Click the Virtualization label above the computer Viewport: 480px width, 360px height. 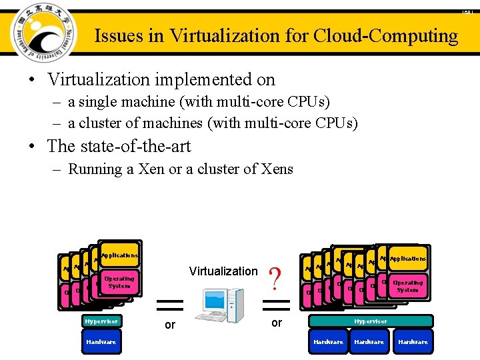[x=223, y=271]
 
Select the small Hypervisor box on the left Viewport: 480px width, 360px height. [x=101, y=321]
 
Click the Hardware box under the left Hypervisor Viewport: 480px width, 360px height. [x=101, y=342]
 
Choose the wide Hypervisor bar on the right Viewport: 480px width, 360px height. [x=370, y=321]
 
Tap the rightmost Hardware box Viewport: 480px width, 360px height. [x=413, y=342]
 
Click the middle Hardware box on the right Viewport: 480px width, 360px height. [x=369, y=342]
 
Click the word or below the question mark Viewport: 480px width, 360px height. [x=277, y=323]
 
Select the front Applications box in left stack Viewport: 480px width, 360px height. [x=120, y=255]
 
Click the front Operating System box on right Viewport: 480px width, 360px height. [x=407, y=286]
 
